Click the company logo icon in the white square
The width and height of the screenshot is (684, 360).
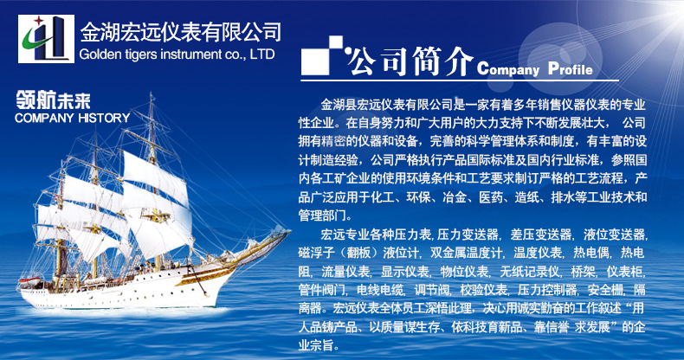coord(46,39)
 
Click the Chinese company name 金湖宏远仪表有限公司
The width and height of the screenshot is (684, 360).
coord(181,32)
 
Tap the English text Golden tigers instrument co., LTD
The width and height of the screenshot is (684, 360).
coord(177,55)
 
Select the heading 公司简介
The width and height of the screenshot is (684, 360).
coord(410,62)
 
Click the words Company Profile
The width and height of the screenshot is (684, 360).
coord(535,69)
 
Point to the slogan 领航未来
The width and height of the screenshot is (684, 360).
coord(53,100)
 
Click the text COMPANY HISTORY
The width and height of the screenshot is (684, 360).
coord(73,118)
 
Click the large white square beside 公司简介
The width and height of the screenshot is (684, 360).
coord(315,61)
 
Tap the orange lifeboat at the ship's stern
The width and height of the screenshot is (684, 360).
coord(29,281)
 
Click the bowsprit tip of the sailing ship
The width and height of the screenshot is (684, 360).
coord(289,230)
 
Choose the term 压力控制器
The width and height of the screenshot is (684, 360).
coord(547,290)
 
